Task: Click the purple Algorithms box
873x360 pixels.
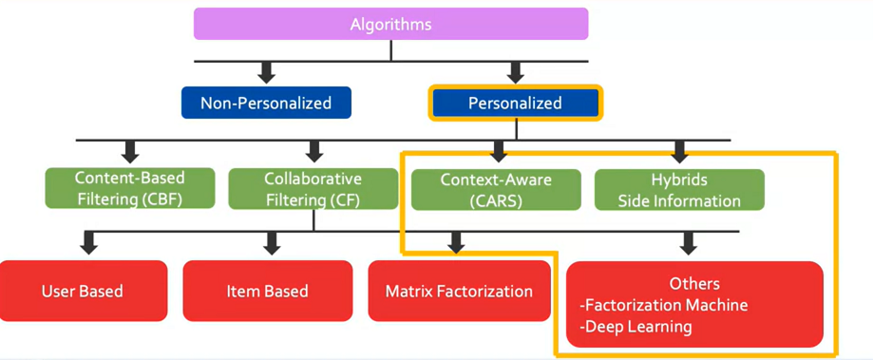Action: (x=390, y=24)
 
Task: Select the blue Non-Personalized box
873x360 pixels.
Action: (x=266, y=103)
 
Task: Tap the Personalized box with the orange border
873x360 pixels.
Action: (x=515, y=103)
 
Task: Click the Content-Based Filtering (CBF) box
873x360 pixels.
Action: (x=129, y=189)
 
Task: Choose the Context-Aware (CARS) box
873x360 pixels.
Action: (x=495, y=189)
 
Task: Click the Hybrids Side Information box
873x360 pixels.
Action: (x=678, y=189)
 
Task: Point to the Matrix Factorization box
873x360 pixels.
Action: (x=459, y=291)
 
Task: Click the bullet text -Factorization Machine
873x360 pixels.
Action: (x=663, y=305)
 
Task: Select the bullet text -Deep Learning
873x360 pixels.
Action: (x=635, y=327)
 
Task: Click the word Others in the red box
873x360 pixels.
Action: (x=694, y=283)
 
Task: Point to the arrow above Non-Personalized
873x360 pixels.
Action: (x=266, y=71)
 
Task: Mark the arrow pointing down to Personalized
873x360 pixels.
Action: (x=515, y=71)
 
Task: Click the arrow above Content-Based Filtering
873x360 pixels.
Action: (x=130, y=151)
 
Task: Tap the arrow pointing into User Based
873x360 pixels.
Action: (x=89, y=243)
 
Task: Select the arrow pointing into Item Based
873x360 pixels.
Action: (x=272, y=243)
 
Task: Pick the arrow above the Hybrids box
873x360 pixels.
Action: (x=678, y=151)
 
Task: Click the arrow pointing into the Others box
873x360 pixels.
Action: (x=689, y=243)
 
